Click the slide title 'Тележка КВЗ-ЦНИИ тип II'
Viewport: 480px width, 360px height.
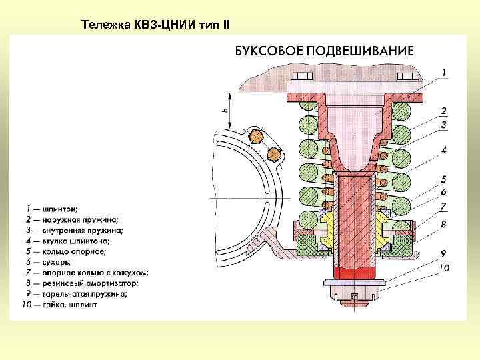coord(155,25)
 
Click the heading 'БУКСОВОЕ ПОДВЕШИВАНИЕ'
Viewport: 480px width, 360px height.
coord(323,51)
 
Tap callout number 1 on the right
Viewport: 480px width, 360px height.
coord(444,71)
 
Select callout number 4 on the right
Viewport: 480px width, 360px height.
coord(444,150)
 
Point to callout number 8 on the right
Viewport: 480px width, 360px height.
coord(444,225)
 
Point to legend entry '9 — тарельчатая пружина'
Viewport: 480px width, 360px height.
coord(71,293)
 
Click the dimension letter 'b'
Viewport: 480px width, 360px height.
coord(224,111)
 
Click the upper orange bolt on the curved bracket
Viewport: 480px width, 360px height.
coord(255,137)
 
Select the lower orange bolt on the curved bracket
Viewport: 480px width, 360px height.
coord(273,154)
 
